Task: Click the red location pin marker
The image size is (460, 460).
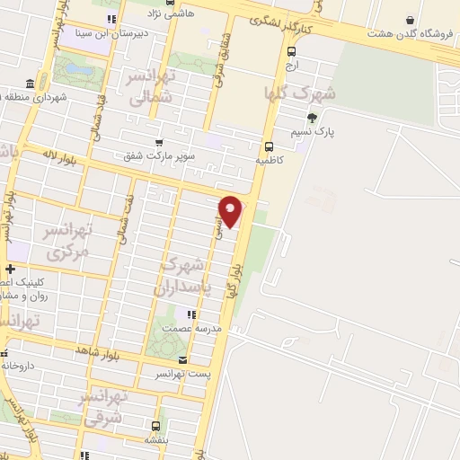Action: click(x=231, y=209)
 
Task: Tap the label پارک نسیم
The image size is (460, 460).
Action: click(x=312, y=131)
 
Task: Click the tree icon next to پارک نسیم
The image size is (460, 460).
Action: click(x=312, y=117)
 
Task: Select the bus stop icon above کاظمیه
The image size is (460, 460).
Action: click(x=268, y=146)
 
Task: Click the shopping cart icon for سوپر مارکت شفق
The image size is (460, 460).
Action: click(x=159, y=142)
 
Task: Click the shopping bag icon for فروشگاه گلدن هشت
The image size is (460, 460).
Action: click(x=411, y=20)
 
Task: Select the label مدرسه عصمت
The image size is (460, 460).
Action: click(x=188, y=329)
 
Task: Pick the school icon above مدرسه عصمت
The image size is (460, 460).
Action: click(x=190, y=314)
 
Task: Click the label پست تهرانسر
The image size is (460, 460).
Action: click(x=181, y=373)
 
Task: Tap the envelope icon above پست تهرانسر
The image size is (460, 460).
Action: click(x=182, y=359)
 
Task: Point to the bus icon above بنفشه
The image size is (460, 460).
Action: click(x=155, y=426)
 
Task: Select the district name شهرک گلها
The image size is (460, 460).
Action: click(x=299, y=93)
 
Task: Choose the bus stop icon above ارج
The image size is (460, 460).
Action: click(x=290, y=50)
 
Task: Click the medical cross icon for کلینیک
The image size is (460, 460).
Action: click(x=9, y=269)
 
